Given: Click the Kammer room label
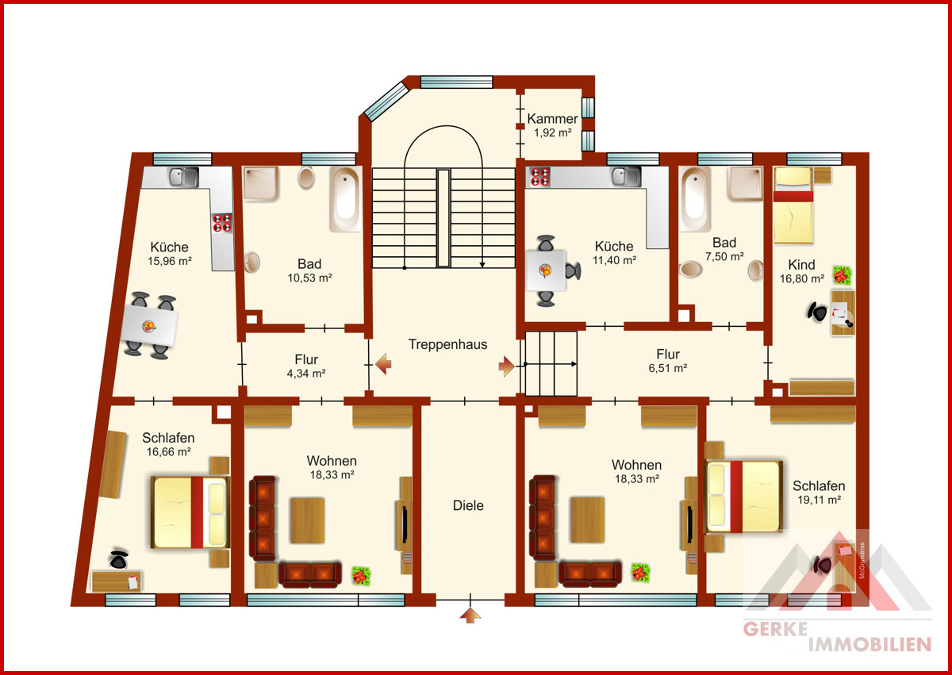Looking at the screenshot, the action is [x=552, y=118].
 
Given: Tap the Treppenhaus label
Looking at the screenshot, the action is [x=447, y=344].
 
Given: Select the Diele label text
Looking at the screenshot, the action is [x=468, y=505].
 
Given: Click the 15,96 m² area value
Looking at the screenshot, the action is [x=170, y=261].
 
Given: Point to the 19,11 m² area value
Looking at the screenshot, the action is [x=819, y=500].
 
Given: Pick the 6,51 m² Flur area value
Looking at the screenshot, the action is [x=668, y=368].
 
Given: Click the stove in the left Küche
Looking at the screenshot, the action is [x=222, y=224].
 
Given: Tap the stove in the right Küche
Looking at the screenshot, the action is [x=539, y=177].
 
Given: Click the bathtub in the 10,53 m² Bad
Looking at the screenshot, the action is [x=346, y=199].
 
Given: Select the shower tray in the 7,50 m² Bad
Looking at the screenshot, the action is [x=745, y=183].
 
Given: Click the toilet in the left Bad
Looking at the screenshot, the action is [x=306, y=177].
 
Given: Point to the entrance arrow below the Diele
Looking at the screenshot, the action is [x=470, y=616].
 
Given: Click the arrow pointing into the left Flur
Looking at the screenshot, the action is [x=383, y=364].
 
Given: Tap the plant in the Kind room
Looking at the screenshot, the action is [x=842, y=276].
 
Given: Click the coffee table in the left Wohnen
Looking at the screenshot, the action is [x=307, y=520].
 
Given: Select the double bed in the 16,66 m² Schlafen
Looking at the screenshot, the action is [x=190, y=512].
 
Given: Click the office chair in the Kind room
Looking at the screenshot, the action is [x=817, y=312].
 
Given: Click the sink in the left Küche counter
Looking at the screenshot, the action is [x=183, y=177].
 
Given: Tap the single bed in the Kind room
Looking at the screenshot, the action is [x=793, y=205].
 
